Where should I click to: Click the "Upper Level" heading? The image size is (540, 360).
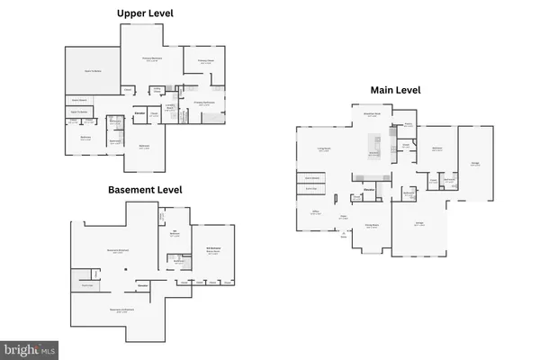tap(146, 13)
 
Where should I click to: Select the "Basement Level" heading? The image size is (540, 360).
tap(145, 190)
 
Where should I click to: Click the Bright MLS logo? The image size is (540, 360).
tap(30, 348)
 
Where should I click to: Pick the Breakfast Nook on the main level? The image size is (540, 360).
tap(371, 114)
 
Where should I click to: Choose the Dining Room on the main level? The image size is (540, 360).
tap(371, 225)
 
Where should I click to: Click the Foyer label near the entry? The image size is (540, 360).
tap(344, 217)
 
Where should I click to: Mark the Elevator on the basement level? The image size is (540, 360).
tap(141, 285)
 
